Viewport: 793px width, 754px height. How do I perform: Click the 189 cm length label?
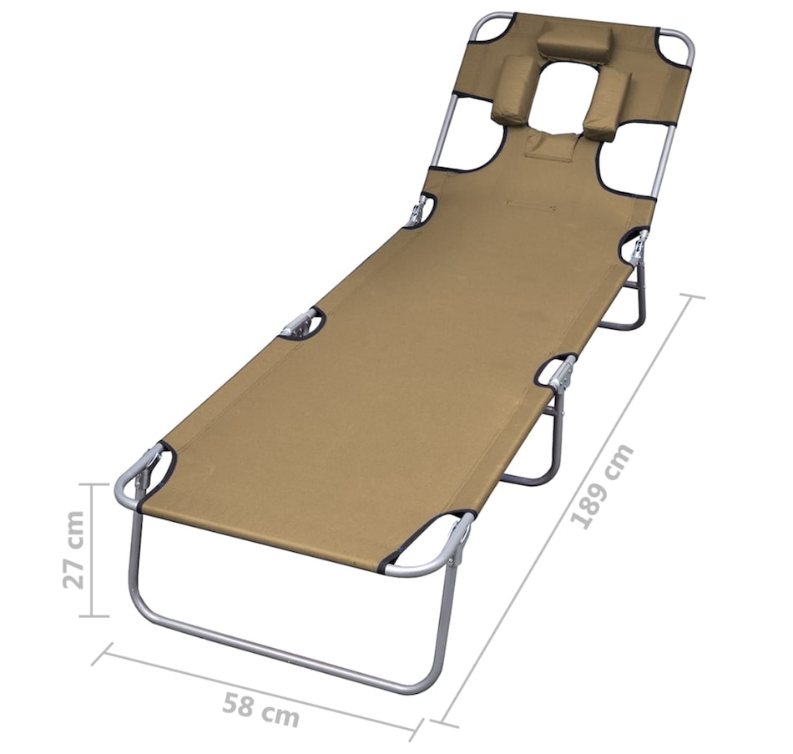pyautogui.click(x=602, y=486)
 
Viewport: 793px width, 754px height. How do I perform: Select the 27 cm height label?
pyautogui.click(x=74, y=549)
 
